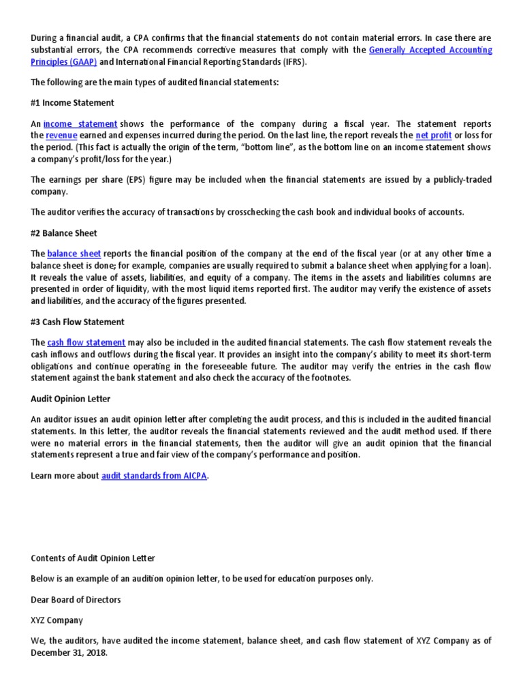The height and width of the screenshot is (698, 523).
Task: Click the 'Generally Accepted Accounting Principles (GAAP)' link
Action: tap(430, 50)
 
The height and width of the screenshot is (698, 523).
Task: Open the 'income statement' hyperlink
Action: tap(80, 124)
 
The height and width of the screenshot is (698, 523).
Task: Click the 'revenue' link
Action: tap(61, 135)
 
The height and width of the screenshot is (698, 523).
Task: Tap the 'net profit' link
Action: tap(433, 135)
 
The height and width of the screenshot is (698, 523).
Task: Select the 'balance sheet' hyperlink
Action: tap(74, 254)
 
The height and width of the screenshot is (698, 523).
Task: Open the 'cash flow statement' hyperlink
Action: tap(86, 342)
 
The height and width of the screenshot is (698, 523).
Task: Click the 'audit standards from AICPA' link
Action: tap(155, 476)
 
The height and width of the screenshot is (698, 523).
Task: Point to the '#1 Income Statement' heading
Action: tap(73, 103)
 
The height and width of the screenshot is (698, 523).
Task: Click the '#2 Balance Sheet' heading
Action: tap(64, 233)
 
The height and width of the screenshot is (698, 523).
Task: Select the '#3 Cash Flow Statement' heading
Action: tap(78, 322)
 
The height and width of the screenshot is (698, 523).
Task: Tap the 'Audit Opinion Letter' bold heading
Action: tap(71, 399)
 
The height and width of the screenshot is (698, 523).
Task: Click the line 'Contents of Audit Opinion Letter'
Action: tap(93, 558)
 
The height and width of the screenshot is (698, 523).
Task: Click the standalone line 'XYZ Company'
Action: tap(57, 620)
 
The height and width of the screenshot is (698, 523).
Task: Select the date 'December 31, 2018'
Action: tap(68, 652)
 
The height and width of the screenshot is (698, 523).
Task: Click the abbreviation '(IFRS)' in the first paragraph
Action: tap(294, 61)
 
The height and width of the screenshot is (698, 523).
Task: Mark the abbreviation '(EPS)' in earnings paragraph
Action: tap(133, 180)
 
